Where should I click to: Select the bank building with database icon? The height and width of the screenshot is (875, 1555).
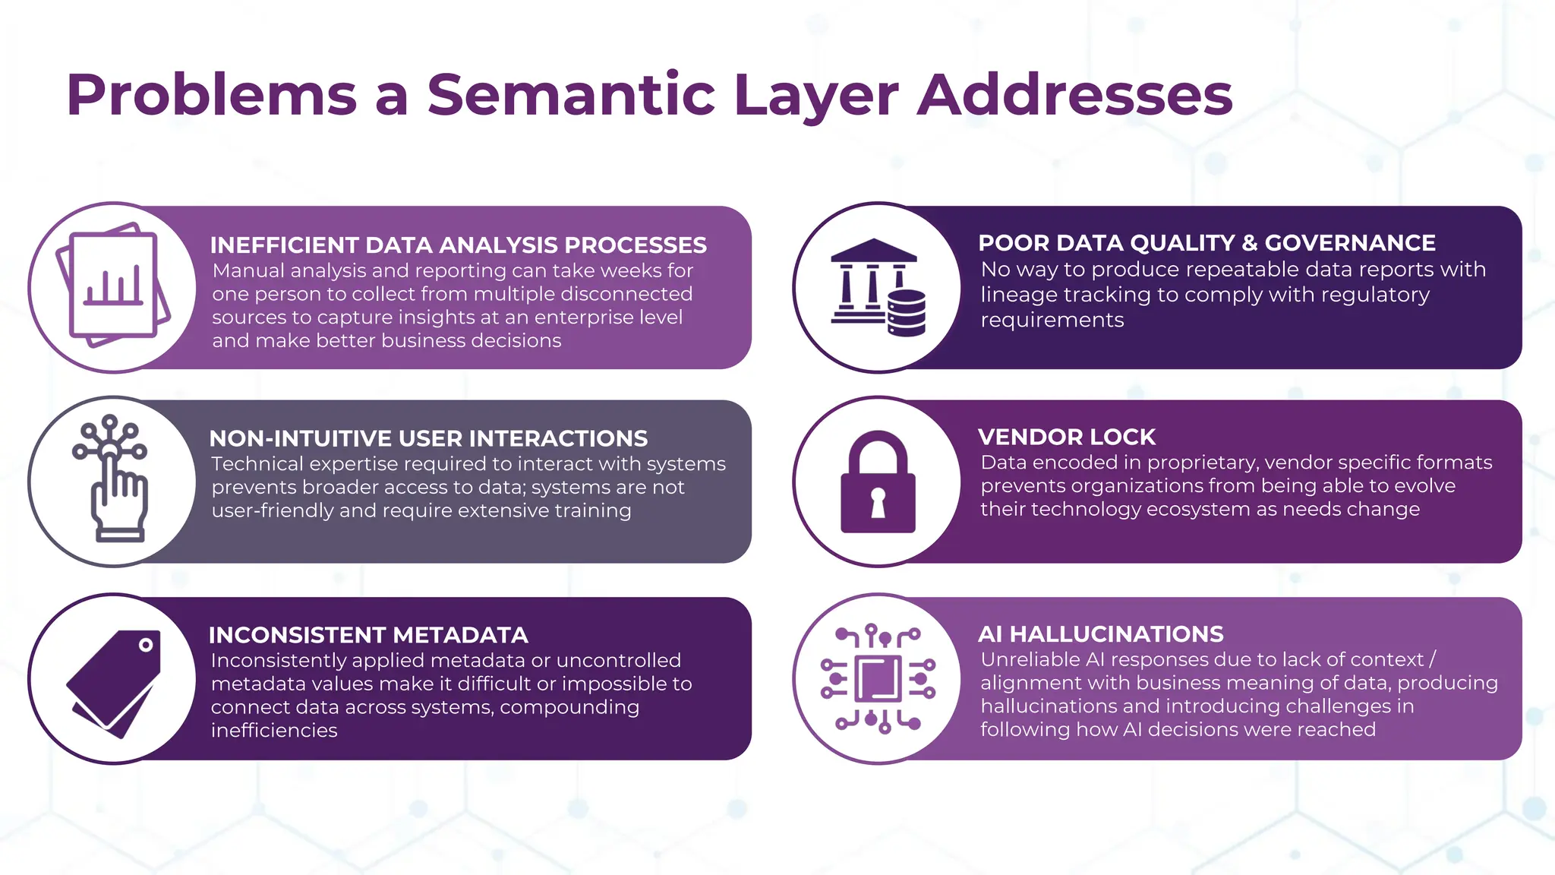tap(878, 288)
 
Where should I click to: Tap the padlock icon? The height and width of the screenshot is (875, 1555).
tap(878, 482)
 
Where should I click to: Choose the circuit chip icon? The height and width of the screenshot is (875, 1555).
tap(878, 678)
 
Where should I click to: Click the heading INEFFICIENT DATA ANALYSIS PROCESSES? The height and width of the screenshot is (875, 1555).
tap(458, 245)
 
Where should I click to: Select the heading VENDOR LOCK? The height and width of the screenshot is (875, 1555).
tap(1066, 437)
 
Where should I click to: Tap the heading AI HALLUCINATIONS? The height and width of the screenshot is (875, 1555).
tap(1100, 634)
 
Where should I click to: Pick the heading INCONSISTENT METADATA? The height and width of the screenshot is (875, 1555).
tap(368, 635)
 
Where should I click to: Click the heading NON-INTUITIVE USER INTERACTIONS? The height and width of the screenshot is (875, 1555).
tap(428, 439)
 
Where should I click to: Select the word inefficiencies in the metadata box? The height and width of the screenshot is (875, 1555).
tap(274, 731)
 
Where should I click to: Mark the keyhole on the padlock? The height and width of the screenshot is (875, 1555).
tap(878, 502)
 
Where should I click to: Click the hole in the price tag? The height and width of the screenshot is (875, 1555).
tap(146, 645)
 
